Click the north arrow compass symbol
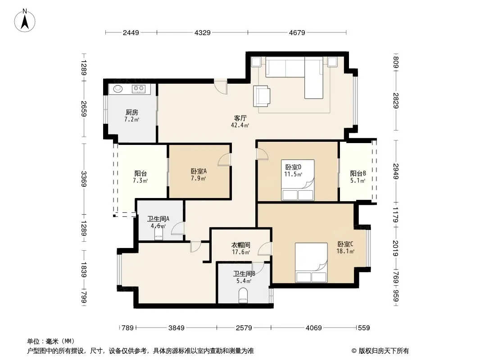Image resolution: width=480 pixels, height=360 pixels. (x=25, y=21)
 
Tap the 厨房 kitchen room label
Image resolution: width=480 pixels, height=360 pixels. (x=131, y=112)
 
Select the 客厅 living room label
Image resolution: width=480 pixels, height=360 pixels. (x=240, y=118)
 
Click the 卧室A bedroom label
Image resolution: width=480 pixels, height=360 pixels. (x=199, y=171)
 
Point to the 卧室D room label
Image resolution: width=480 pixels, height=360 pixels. (x=293, y=167)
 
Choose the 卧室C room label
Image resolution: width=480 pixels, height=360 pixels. (x=345, y=244)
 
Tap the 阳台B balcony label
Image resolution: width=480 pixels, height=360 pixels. (x=358, y=174)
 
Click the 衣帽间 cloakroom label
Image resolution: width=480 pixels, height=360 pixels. (x=240, y=245)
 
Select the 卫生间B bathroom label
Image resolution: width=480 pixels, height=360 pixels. (x=244, y=274)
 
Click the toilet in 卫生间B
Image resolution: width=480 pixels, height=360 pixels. (x=243, y=295)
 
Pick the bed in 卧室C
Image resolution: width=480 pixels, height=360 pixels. (x=311, y=262)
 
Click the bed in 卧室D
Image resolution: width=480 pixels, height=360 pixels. (x=298, y=180)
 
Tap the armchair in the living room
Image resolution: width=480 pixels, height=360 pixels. (x=262, y=96)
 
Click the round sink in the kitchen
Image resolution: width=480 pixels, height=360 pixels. (x=118, y=89)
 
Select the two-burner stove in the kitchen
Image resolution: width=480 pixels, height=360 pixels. (x=138, y=89)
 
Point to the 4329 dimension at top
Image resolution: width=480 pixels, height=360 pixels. (x=202, y=32)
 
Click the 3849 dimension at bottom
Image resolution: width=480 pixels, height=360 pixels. (x=177, y=328)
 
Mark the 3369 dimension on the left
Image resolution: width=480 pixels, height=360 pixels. (x=84, y=179)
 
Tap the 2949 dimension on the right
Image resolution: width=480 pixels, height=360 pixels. (x=396, y=171)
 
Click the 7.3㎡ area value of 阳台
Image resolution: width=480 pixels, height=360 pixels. (x=140, y=181)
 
